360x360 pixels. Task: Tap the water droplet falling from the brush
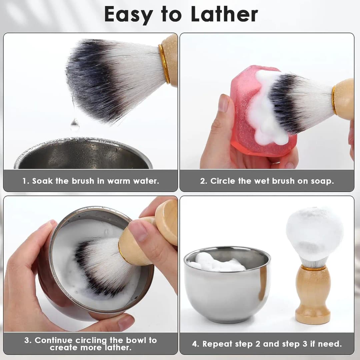coord(75,125)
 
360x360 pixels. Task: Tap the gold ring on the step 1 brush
coord(164,63)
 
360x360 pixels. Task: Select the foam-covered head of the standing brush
coord(314,233)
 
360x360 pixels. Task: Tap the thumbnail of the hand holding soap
coord(223,103)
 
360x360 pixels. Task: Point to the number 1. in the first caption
coord(26,181)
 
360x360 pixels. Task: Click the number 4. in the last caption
coord(196,344)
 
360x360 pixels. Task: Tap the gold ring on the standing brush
coord(313,268)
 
